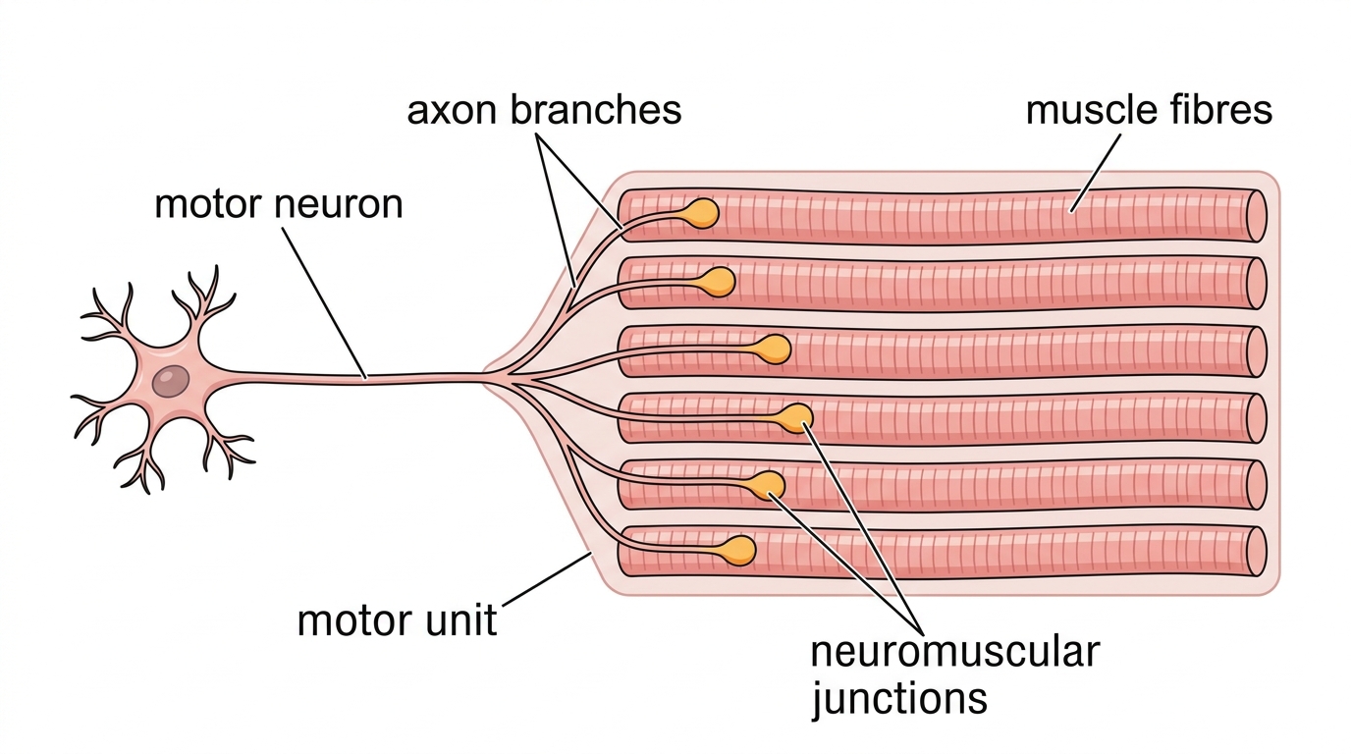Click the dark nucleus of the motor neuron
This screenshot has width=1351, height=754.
click(171, 381)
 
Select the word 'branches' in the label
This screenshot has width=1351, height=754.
click(596, 110)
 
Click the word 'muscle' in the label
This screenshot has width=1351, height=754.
click(1091, 110)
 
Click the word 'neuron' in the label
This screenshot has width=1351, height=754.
click(339, 204)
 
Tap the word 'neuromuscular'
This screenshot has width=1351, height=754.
click(954, 652)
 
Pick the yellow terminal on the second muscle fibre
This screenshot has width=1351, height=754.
click(720, 282)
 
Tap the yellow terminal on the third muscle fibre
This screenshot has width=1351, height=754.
click(774, 350)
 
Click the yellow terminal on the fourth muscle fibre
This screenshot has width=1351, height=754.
click(796, 418)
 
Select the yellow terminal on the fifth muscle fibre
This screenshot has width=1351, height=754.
click(769, 486)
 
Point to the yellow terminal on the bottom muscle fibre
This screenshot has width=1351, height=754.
click(738, 550)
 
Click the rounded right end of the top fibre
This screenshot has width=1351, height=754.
click(1256, 216)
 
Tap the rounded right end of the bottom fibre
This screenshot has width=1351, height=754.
click(1256, 552)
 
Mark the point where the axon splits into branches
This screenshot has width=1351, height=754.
click(507, 377)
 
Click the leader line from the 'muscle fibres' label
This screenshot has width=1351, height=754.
click(1096, 173)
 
